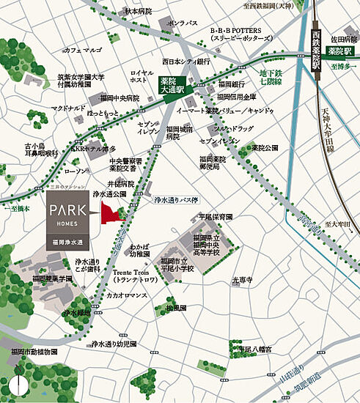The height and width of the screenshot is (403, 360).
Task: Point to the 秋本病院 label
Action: [137, 12]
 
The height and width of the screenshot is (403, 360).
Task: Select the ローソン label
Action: [75, 171]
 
